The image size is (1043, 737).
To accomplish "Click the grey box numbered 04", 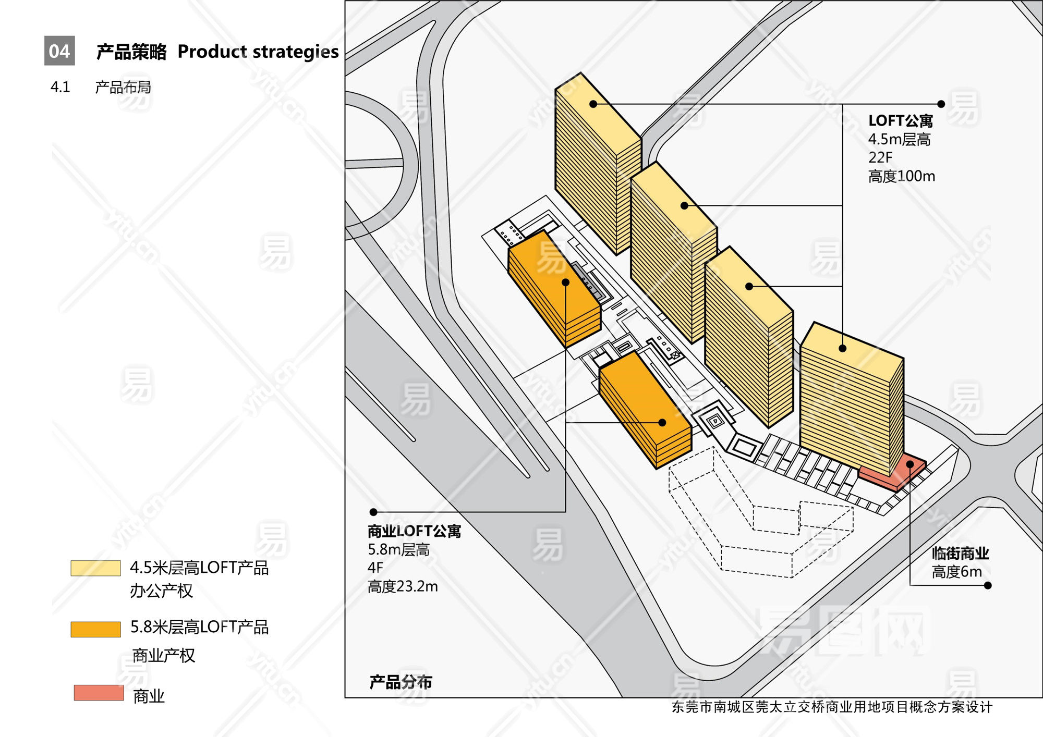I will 59,51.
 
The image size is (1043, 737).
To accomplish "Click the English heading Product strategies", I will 258,52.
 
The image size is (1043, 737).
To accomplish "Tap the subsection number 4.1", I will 60,87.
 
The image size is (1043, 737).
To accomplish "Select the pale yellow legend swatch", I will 95,568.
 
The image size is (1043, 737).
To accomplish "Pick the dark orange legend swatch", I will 95,629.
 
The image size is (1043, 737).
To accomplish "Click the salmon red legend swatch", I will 99,693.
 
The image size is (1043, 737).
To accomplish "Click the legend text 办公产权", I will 161,591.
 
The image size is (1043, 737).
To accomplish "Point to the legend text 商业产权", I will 164,655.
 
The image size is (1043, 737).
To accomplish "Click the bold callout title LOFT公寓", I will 900,121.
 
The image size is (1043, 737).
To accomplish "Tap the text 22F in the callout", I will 880,157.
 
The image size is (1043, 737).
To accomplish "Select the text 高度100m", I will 901,176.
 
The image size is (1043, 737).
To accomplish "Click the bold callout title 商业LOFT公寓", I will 414,531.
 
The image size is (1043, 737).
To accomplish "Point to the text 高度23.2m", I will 403,586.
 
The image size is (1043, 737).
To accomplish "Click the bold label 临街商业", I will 960,554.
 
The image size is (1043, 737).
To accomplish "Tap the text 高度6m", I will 956,572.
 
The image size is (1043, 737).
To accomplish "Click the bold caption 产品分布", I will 401,682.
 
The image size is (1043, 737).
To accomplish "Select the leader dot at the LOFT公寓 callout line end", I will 941,104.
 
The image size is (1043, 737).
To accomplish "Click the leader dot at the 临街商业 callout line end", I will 987,585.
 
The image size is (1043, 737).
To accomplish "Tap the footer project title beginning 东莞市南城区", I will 832,707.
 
